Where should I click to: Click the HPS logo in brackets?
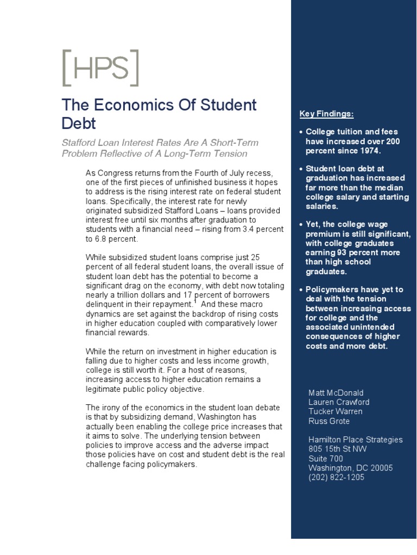click(100, 68)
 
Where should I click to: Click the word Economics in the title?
click(129, 105)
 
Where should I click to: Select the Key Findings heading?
click(326, 114)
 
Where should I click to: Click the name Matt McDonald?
click(336, 393)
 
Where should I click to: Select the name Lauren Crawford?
click(339, 402)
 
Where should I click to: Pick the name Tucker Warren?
click(335, 411)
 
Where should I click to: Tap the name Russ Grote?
click(329, 421)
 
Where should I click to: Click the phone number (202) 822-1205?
click(336, 477)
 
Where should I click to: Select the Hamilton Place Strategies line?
click(355, 440)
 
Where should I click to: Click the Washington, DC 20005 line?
click(350, 468)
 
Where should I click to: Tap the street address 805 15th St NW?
click(337, 449)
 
